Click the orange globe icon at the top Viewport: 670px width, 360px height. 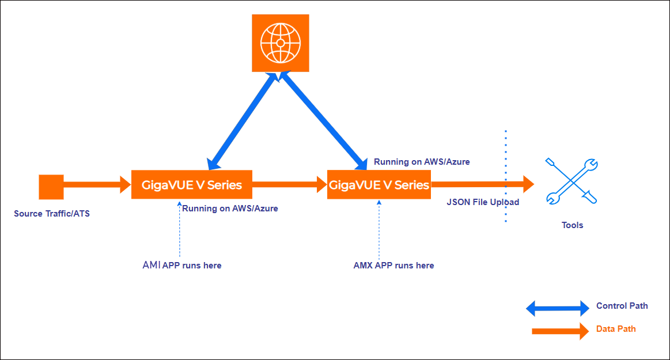tap(281, 43)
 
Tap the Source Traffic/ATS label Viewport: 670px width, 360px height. tap(52, 214)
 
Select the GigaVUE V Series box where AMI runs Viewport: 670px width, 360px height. tap(192, 185)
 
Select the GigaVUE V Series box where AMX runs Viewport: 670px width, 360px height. tap(378, 185)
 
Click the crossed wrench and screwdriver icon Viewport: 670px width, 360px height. tap(571, 181)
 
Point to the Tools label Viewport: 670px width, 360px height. tap(572, 225)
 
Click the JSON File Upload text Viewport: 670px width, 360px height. tap(483, 202)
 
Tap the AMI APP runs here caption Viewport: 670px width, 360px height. tap(182, 265)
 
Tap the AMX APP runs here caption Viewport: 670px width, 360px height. tap(393, 266)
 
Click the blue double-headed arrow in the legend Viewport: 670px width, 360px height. tap(557, 309)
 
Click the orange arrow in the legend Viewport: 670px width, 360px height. tap(557, 331)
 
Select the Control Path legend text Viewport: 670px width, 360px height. tap(622, 306)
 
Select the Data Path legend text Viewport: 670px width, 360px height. tap(616, 329)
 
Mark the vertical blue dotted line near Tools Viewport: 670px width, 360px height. tap(506, 176)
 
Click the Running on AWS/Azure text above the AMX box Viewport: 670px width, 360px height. tap(422, 162)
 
